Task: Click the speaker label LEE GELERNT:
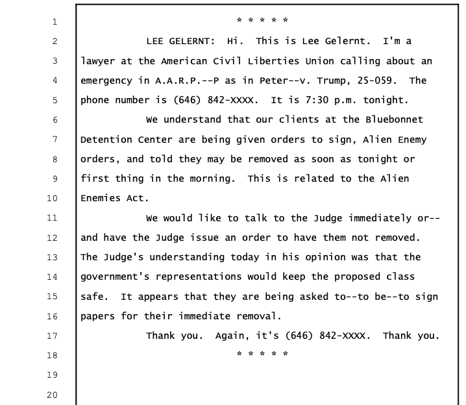[x=180, y=41]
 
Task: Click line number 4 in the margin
[x=55, y=80]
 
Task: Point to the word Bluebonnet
[x=394, y=119]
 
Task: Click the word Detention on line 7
[x=106, y=140]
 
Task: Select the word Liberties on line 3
[x=273, y=61]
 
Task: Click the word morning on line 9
[x=212, y=179]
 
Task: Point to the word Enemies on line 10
[x=101, y=198]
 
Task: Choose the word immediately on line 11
[x=380, y=218]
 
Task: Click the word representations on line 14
[x=199, y=277]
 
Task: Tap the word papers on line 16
[x=97, y=317]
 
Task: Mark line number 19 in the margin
[x=52, y=375]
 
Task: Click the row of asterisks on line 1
[x=262, y=20]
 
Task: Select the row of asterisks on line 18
[x=262, y=354]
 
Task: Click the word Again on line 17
[x=232, y=336]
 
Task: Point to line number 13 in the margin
[x=52, y=257]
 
